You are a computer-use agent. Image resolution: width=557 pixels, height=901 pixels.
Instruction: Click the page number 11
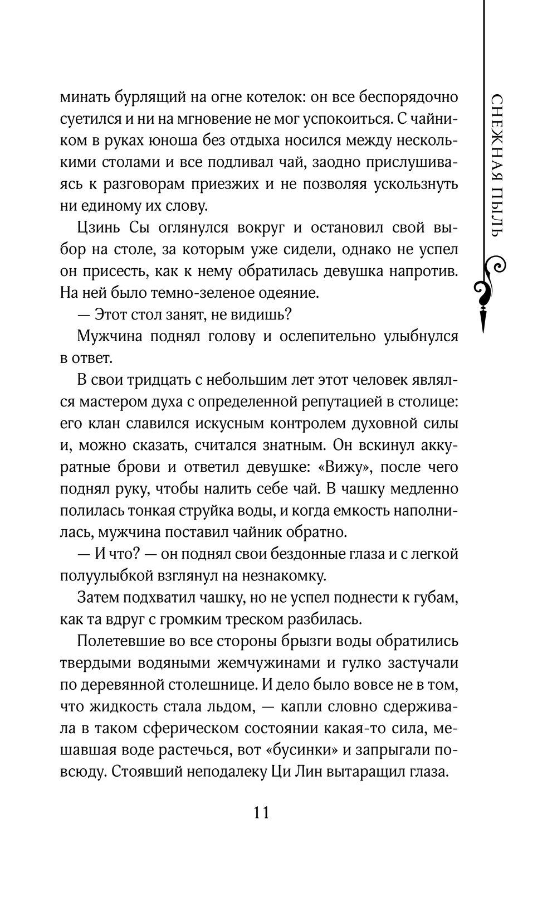pos(261,812)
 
